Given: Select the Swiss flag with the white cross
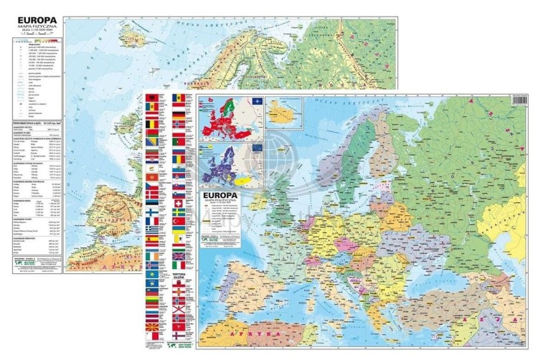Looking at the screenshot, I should tap(179, 203).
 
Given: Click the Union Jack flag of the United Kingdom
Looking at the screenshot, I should tap(179, 256).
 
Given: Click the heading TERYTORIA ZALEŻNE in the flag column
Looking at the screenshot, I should tap(179, 278).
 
